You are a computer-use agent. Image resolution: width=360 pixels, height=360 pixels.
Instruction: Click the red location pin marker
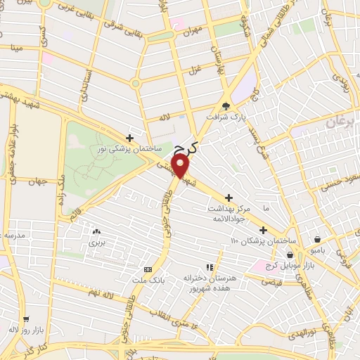click(181, 166)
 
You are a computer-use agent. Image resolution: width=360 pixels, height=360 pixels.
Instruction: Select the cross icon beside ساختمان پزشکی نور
click(129, 138)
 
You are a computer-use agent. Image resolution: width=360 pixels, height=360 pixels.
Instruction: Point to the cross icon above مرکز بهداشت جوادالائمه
click(228, 199)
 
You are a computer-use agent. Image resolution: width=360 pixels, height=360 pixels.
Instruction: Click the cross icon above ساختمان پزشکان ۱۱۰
click(263, 230)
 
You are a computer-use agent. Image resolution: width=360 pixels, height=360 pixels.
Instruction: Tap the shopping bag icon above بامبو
click(318, 239)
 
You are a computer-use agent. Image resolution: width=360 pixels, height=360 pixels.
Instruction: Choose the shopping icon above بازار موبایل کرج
click(290, 254)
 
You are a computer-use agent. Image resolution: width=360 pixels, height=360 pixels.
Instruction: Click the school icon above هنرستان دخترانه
click(208, 267)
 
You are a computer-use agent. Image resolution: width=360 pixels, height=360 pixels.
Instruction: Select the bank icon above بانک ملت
click(148, 269)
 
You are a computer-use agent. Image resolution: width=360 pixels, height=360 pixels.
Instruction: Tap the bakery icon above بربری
click(96, 231)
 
